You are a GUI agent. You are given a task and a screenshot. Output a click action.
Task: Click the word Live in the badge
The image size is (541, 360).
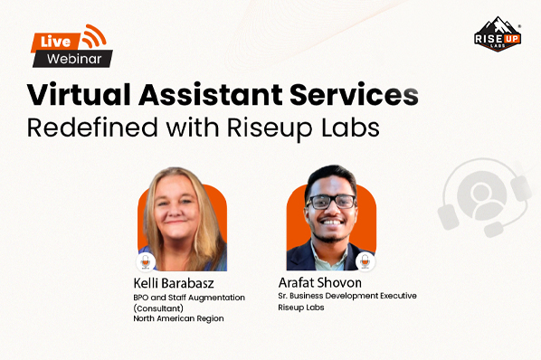click(x=51, y=41)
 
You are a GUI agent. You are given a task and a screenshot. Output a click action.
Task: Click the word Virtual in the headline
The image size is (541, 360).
click(x=74, y=95)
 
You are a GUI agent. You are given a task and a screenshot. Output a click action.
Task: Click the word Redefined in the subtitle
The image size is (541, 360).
click(x=90, y=127)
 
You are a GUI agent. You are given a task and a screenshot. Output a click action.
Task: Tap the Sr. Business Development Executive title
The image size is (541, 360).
click(x=347, y=296)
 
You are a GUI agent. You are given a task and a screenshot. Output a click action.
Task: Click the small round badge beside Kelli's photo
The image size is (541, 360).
click(x=146, y=261)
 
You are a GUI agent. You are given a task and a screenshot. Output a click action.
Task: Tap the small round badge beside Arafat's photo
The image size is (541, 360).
click(x=366, y=261)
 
